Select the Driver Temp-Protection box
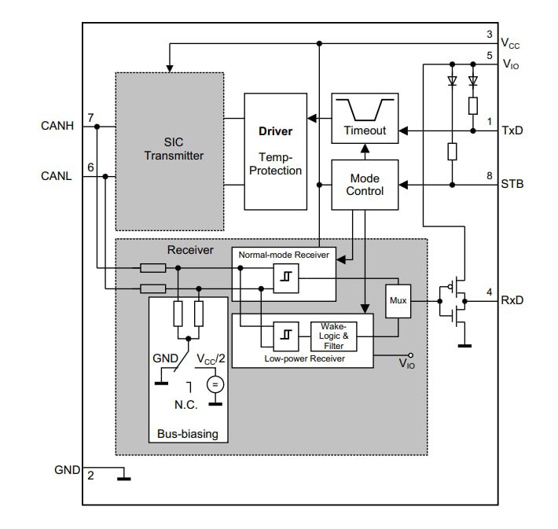275,151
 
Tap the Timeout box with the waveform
365,118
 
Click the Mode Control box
365,185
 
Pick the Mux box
398,299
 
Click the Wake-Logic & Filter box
333,336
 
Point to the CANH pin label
57,125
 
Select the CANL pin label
57,176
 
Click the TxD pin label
512,130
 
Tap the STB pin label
512,185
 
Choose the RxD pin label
512,299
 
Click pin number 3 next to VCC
489,35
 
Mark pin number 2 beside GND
90,476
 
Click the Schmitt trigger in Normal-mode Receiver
284,277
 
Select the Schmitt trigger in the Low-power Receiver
284,336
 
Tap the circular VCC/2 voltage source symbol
215,384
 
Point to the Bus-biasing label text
188,434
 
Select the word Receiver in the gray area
189,250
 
